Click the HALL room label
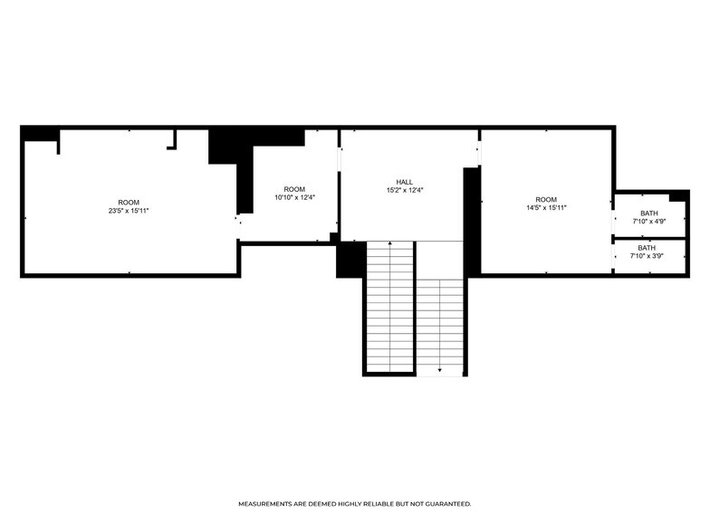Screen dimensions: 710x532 pos(404,183)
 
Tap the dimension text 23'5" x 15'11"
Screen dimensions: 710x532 pos(129,211)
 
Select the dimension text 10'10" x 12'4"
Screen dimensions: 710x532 pos(294,197)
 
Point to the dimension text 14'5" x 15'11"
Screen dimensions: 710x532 pos(546,208)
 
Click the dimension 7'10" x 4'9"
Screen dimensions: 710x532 pos(648,222)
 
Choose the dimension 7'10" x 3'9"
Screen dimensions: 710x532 pos(647,257)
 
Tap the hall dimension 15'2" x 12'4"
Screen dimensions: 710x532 pos(404,190)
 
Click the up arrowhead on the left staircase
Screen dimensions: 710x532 pos(390,243)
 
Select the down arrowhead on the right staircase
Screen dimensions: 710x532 pos(440,370)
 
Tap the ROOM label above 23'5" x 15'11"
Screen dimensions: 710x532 pos(129,203)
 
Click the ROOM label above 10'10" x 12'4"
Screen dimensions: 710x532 pos(294,190)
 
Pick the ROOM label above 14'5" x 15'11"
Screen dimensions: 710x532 pos(546,200)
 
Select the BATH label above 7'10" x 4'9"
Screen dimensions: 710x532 pos(648,214)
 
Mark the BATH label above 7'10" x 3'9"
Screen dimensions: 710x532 pos(647,248)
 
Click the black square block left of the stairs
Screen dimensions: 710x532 pos(350,260)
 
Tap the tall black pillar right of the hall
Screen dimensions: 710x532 pos(472,221)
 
